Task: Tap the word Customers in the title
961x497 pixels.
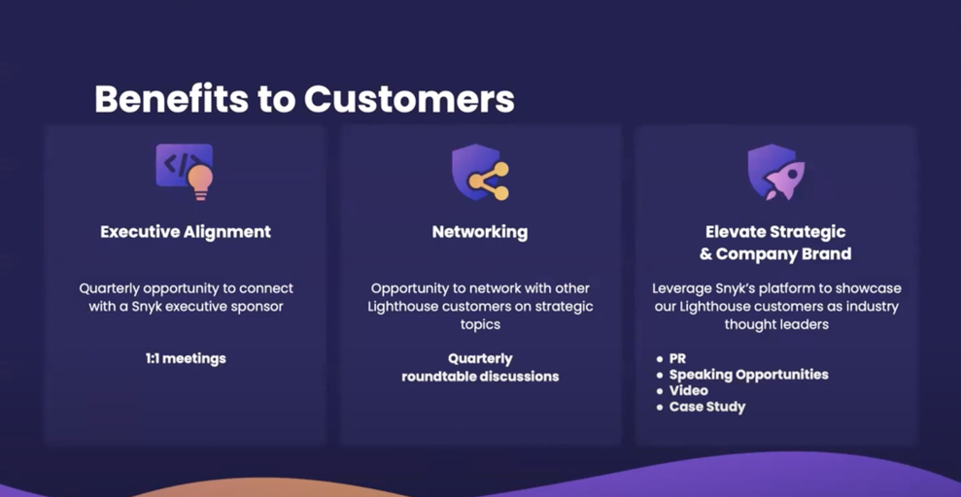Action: click(409, 99)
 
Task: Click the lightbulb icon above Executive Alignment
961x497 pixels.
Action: click(201, 181)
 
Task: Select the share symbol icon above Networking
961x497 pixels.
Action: click(488, 181)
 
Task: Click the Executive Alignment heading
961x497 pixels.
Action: click(186, 232)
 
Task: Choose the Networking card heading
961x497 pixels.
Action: click(480, 232)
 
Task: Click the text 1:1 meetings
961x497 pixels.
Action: click(186, 358)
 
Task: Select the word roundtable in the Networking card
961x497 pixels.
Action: click(438, 376)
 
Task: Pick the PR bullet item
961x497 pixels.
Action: click(677, 359)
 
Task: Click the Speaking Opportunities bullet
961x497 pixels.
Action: click(748, 375)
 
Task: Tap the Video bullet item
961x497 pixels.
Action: click(688, 390)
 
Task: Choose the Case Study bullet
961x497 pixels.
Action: click(706, 407)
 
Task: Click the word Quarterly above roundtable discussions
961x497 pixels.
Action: click(480, 358)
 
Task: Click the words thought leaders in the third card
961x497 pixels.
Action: click(776, 325)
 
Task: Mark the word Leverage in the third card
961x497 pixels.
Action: click(683, 288)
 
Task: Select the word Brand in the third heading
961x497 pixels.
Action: click(825, 254)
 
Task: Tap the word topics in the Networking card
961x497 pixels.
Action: click(480, 325)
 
